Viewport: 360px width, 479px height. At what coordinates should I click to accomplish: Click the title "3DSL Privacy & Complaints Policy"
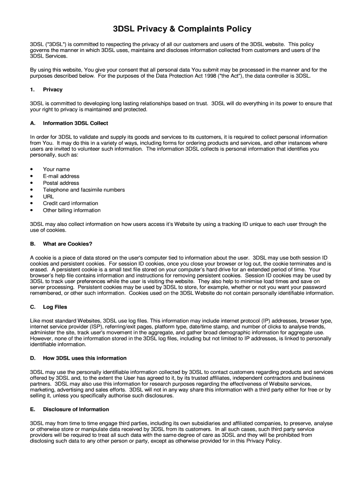182,29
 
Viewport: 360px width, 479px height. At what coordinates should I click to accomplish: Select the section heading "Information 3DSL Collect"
75,123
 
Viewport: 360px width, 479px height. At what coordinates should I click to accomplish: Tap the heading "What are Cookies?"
67,244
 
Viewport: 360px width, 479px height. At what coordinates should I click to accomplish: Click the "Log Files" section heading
55,307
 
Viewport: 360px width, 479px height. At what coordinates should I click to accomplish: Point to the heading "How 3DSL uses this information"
85,358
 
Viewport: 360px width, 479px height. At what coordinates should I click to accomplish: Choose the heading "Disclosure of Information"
76,409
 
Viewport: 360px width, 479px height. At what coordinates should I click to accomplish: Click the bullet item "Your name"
56,169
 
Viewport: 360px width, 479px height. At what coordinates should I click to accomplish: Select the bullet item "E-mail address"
61,176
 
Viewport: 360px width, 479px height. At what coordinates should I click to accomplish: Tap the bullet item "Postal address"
61,183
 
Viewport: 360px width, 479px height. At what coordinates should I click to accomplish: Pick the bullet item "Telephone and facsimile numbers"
84,190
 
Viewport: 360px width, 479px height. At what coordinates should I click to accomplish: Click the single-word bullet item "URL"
48,196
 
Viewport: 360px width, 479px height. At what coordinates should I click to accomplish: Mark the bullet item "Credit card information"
71,203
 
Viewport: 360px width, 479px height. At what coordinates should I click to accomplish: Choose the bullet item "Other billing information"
72,210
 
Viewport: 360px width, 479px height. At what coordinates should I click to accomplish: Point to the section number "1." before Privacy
32,89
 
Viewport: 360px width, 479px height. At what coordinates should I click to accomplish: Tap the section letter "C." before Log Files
33,307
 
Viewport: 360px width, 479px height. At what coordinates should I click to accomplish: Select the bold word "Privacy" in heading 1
52,89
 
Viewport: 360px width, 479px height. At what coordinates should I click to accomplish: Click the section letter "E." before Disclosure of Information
32,409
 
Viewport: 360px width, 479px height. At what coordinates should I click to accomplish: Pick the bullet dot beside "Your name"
31,169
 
